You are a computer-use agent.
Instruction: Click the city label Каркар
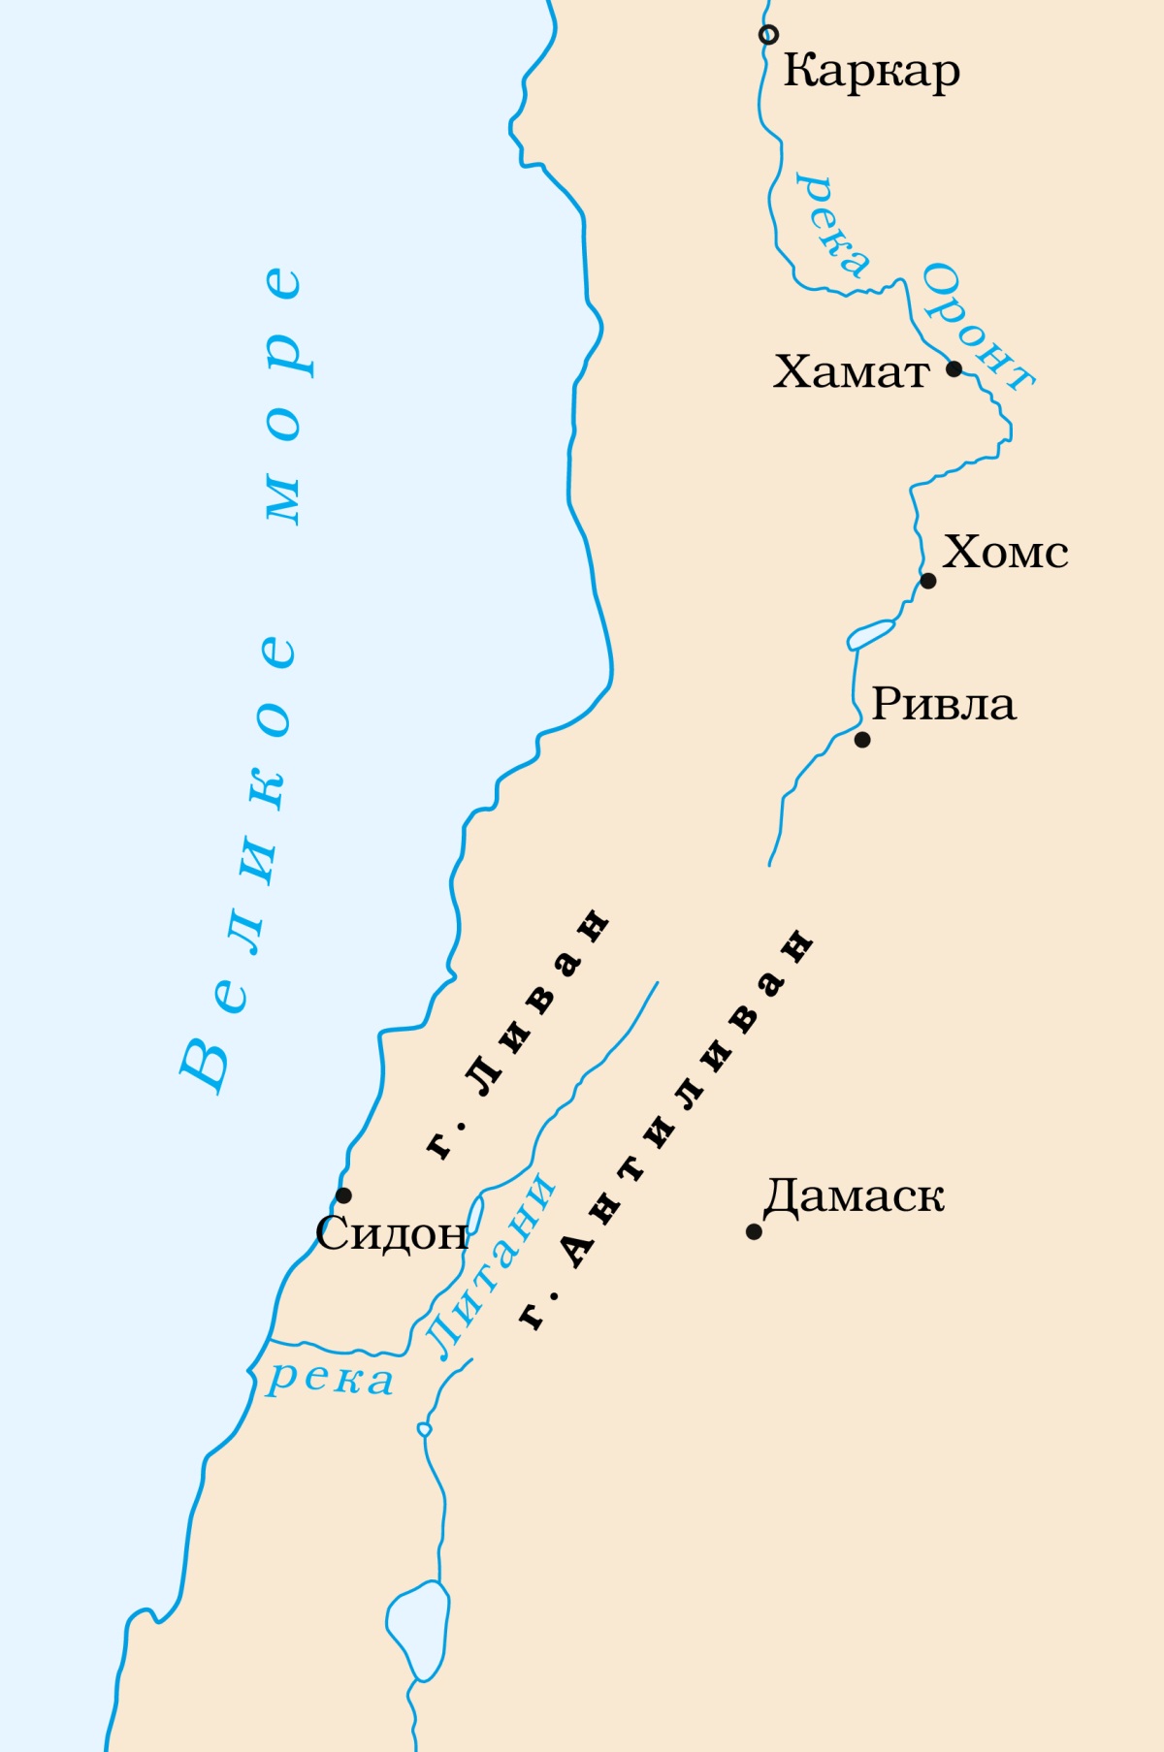[x=871, y=72]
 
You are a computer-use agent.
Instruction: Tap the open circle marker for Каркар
[x=768, y=35]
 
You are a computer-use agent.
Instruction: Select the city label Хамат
[x=851, y=372]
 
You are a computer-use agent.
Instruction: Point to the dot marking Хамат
[x=954, y=368]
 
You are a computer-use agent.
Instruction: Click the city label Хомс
[x=1005, y=553]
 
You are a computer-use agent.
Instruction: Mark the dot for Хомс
[x=928, y=581]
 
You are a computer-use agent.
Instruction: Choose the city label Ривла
[x=943, y=705]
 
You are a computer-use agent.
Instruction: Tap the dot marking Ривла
[x=862, y=740]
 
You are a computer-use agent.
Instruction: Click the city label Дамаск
[x=854, y=1196]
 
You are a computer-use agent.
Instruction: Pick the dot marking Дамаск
[x=754, y=1231]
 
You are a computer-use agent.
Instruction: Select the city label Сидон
[x=391, y=1233]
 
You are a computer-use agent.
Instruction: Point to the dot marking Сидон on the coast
[x=343, y=1195]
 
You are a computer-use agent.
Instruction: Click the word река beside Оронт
[x=831, y=225]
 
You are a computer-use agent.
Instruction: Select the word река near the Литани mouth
[x=331, y=1379]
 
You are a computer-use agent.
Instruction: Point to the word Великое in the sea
[x=238, y=863]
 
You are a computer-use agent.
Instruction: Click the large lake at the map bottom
[x=418, y=1629]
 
